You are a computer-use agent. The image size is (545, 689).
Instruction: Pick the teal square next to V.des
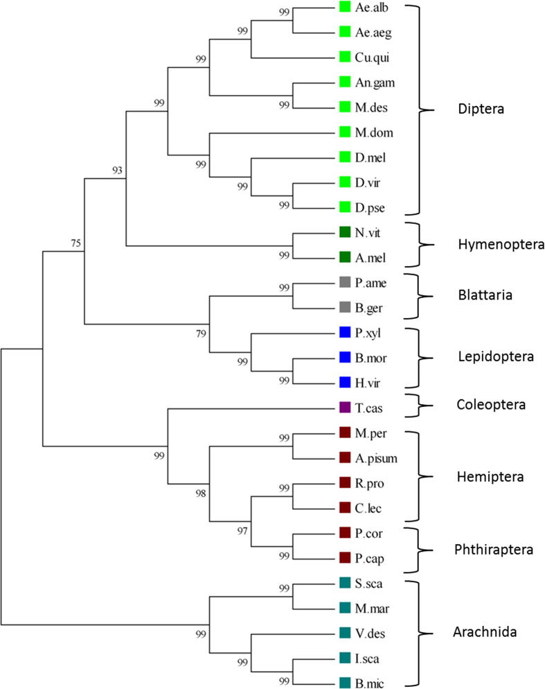pos(345,633)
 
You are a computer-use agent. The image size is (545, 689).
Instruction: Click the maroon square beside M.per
pos(345,433)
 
